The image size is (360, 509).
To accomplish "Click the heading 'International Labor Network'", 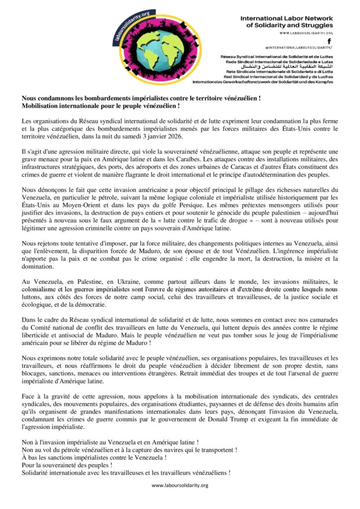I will tap(286, 18).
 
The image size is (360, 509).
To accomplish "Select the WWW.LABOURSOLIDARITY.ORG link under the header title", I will tap(306, 33).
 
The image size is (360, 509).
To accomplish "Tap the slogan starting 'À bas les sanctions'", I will tap(94, 457).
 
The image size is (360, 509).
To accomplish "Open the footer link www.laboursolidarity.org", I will tap(180, 485).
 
